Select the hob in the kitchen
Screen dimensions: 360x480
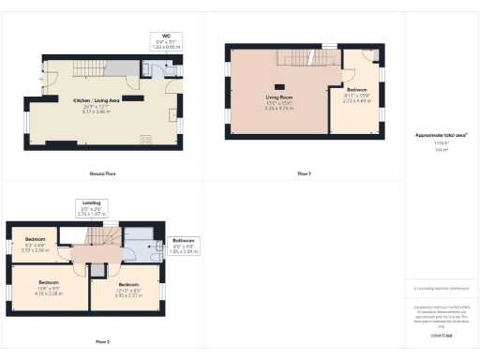click(x=145, y=140)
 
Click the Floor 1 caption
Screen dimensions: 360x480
click(x=303, y=174)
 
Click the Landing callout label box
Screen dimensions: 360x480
click(x=92, y=209)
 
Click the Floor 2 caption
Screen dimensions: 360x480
click(x=101, y=341)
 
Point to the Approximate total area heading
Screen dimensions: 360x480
click(x=441, y=135)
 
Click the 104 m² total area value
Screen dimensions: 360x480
click(x=441, y=149)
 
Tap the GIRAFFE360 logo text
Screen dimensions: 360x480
click(x=442, y=334)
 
